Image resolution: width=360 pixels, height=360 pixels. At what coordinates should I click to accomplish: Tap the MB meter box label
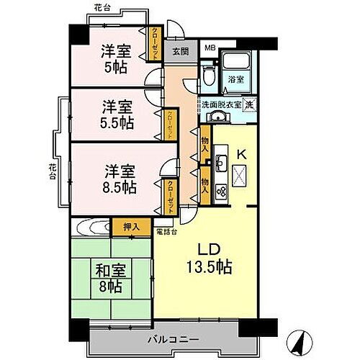coord(210,49)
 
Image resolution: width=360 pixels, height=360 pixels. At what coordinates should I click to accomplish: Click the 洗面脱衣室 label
coord(221,104)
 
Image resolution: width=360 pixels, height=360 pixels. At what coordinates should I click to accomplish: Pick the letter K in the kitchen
coord(242,153)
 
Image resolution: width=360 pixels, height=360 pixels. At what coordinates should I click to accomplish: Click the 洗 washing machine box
coord(247,104)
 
